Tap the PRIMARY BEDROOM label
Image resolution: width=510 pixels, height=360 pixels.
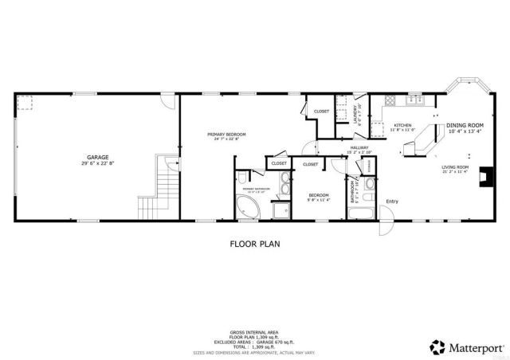[x=226, y=134]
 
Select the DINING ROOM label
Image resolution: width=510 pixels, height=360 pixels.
[x=465, y=126]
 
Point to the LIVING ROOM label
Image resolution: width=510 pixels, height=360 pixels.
[x=455, y=166]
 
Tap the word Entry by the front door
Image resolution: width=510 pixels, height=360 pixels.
[x=391, y=201]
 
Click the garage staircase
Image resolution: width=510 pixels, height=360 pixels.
[x=150, y=191]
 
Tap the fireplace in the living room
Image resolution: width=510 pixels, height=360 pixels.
[x=483, y=182]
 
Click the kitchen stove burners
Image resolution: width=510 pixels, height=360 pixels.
[x=390, y=100]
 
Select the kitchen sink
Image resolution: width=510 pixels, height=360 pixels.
[x=415, y=100]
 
